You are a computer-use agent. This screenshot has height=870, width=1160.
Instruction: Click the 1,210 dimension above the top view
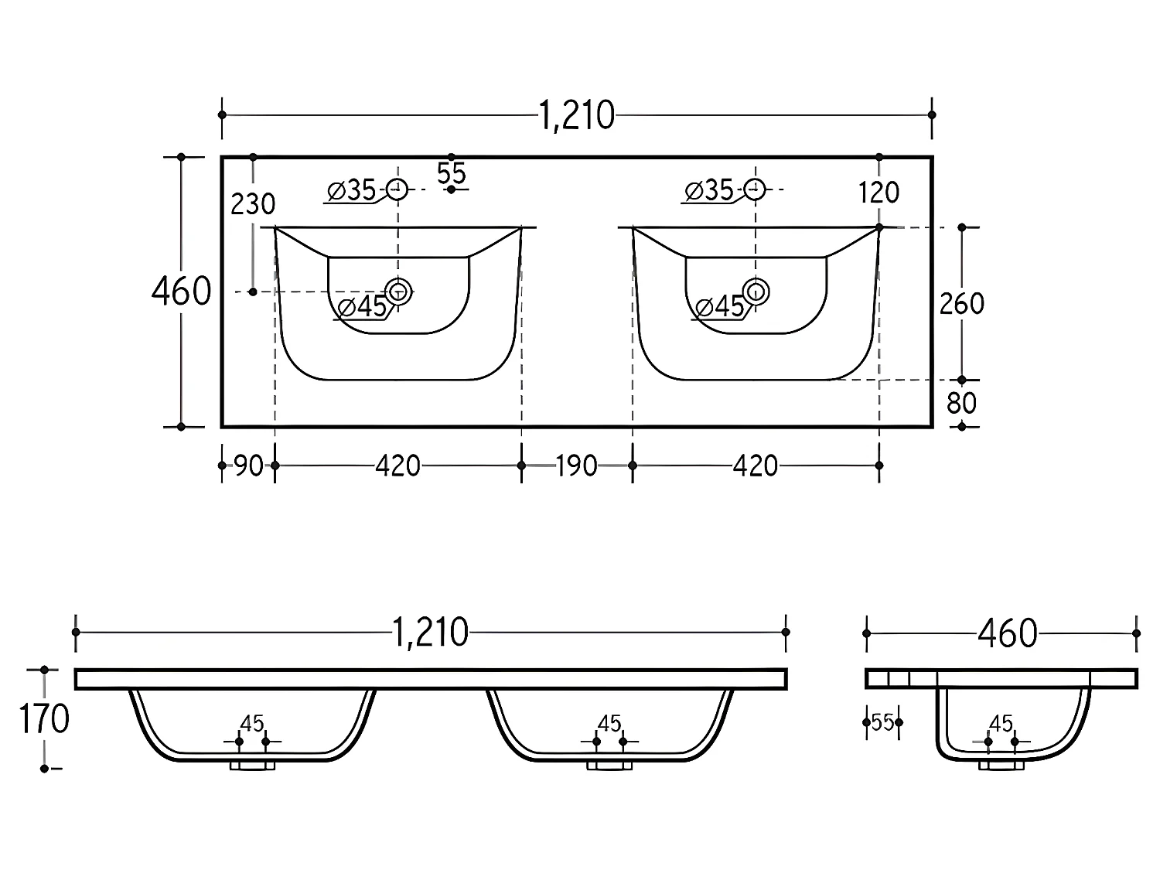click(x=577, y=116)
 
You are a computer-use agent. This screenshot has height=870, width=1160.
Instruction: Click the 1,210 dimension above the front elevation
click(x=430, y=633)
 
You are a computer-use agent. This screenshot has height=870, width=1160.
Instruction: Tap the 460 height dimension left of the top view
click(x=181, y=292)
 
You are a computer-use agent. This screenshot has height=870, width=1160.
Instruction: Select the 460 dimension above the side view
click(x=1008, y=633)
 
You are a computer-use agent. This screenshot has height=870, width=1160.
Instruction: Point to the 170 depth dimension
click(x=44, y=719)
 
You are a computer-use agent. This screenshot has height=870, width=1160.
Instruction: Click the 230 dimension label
click(x=253, y=204)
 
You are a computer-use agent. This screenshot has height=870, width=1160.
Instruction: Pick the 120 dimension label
click(x=879, y=193)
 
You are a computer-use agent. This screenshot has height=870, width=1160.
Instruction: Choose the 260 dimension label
click(x=961, y=304)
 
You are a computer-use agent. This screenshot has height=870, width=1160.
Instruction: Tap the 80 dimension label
click(x=961, y=404)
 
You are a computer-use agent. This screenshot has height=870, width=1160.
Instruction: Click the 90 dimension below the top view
click(x=248, y=466)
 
